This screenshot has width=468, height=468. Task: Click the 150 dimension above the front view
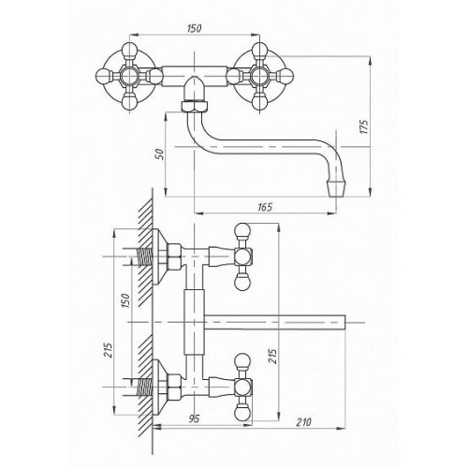tap(195, 28)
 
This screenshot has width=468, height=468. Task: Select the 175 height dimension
tap(364, 126)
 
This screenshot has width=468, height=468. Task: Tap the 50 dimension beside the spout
tap(160, 154)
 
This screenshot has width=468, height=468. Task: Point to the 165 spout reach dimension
tap(265, 207)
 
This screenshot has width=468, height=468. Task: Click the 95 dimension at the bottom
tap(194, 419)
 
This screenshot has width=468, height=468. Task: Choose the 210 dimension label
tap(303, 422)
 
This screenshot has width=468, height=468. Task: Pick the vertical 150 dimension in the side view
tap(124, 300)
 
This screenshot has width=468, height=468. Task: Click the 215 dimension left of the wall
tap(107, 350)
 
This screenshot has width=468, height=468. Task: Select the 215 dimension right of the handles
tap(272, 356)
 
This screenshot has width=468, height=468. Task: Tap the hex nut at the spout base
tap(194, 106)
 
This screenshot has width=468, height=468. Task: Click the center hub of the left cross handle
tap(128, 76)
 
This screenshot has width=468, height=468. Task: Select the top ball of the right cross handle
tap(259, 49)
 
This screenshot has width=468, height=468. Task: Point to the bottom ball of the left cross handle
tap(128, 102)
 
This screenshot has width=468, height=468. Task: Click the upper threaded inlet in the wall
tap(144, 257)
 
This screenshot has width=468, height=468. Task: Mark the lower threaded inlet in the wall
tap(144, 388)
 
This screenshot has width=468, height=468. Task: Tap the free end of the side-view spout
tap(345, 322)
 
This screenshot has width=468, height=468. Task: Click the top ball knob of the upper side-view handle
tap(242, 230)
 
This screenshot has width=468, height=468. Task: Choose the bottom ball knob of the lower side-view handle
tap(242, 412)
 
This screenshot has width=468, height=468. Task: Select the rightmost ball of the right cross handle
tap(286, 76)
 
